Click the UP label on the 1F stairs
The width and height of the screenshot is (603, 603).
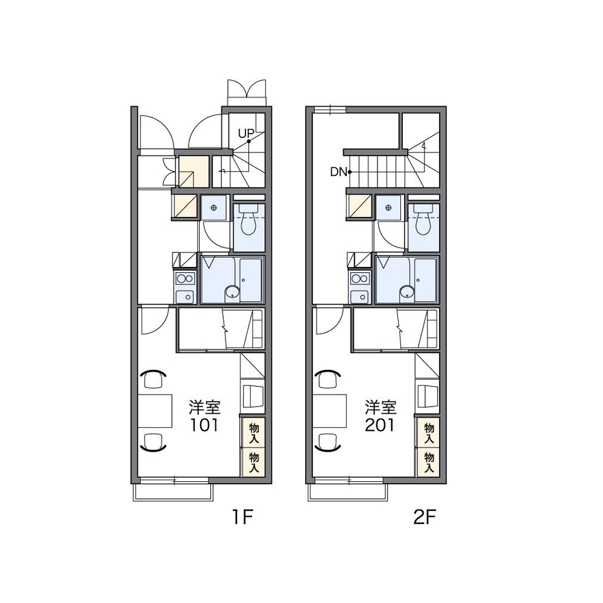tap(245, 134)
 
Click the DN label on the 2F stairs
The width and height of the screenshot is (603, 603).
tap(338, 172)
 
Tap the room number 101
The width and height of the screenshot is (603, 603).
tap(204, 425)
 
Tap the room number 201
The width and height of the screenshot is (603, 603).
tap(380, 425)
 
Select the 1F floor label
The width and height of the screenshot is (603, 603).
tap(242, 517)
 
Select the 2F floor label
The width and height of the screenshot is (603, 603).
tap(425, 517)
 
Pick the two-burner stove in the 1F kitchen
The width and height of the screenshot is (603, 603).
tap(185, 278)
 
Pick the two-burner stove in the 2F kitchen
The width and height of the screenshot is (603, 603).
tap(360, 278)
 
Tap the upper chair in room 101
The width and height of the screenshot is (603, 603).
tap(153, 379)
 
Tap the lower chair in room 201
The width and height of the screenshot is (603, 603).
tap(328, 442)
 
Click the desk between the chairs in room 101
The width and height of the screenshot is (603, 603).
tap(155, 411)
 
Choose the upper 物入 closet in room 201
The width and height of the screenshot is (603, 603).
tap(429, 433)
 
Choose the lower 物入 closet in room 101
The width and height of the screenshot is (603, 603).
tap(253, 462)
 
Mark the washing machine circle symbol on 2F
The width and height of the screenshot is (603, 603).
tap(388, 208)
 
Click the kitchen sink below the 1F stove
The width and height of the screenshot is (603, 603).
tap(185, 296)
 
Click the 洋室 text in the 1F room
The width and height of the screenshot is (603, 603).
tap(204, 407)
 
